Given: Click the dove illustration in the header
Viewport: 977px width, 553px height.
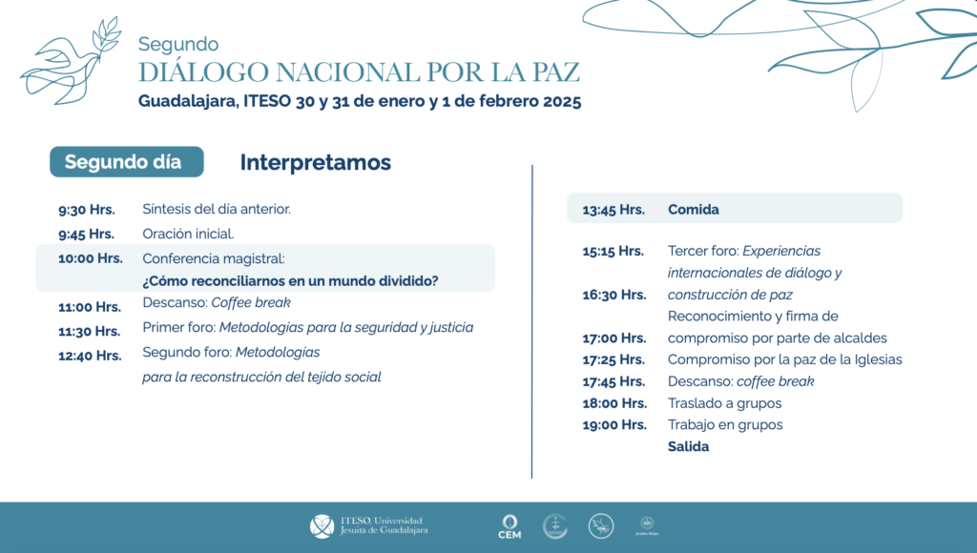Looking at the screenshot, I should [x=72, y=62].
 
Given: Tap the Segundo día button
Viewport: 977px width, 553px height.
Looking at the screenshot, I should [x=126, y=162].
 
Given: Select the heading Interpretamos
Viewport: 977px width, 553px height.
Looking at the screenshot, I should [x=315, y=162].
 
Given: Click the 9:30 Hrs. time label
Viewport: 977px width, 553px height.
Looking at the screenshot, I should [x=86, y=209].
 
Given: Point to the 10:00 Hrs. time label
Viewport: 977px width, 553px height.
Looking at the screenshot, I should [x=90, y=257].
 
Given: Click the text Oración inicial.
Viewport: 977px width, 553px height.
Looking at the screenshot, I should [x=188, y=234].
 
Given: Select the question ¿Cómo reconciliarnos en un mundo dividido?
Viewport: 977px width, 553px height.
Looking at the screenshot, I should [x=290, y=281].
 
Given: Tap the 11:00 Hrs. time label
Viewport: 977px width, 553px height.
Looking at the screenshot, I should [x=90, y=307].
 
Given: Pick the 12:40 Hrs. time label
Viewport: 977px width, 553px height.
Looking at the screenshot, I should [x=90, y=356].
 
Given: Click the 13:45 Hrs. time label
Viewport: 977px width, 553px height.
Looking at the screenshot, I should [x=613, y=209].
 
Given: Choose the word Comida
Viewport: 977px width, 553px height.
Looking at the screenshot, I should [x=694, y=209].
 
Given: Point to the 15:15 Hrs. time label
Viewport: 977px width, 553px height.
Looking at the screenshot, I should [x=613, y=251].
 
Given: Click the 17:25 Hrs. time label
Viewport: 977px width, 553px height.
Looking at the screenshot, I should [x=613, y=359].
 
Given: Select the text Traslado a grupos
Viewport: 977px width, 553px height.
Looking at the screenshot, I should [x=724, y=403].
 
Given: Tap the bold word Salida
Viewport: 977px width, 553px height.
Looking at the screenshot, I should [x=688, y=446].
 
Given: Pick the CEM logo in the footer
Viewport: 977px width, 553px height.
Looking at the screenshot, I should [x=509, y=526].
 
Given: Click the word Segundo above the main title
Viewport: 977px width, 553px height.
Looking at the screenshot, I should [x=178, y=44].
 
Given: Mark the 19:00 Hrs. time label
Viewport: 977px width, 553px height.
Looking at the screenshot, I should [x=613, y=425].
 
